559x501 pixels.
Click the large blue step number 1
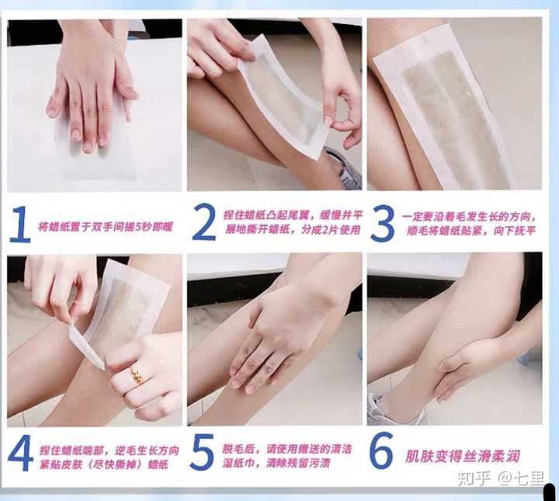click(21, 224)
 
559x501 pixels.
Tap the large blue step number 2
click(204, 222)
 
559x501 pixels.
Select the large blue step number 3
click(382, 224)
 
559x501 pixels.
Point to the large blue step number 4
click(20, 453)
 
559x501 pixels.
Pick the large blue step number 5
click(202, 451)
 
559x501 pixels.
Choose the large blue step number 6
click(381, 451)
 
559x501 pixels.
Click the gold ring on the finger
click(137, 375)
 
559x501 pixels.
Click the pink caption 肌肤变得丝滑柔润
click(463, 456)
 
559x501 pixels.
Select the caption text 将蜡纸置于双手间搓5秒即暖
click(106, 227)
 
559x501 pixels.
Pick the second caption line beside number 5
click(277, 463)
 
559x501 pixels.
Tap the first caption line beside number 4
click(109, 451)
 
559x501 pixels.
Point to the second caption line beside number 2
click(293, 229)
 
